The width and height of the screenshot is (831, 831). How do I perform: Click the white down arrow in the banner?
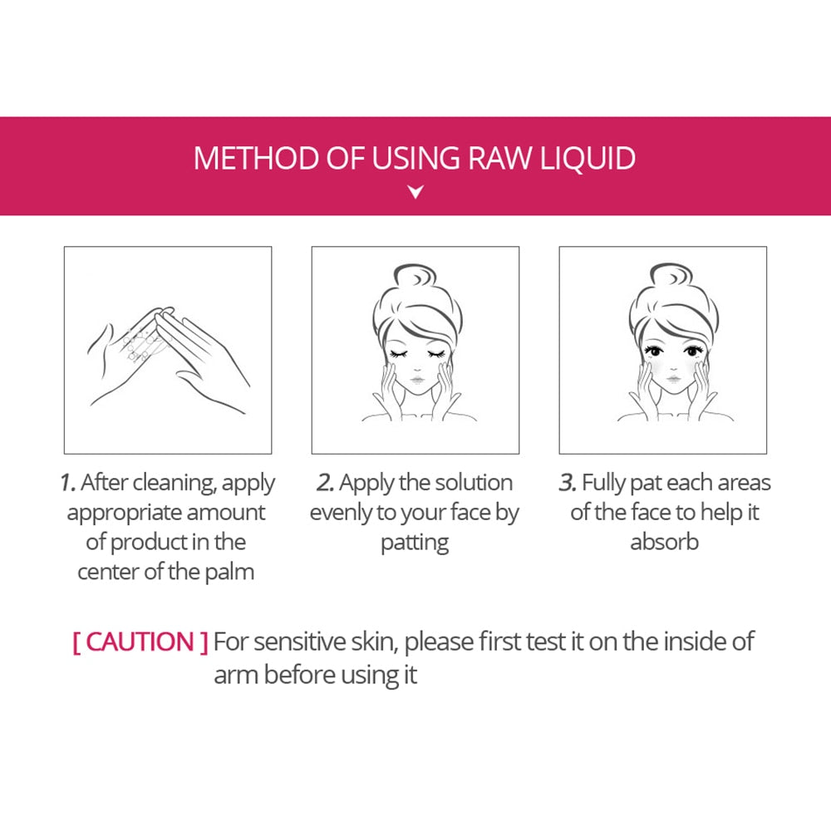(x=416, y=191)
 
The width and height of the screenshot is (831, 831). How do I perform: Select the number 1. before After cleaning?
(x=68, y=483)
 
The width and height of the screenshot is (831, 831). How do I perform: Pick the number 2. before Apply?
(x=326, y=483)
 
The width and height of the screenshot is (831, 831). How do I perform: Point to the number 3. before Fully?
(x=568, y=483)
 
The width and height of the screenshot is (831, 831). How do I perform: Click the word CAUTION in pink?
(x=140, y=642)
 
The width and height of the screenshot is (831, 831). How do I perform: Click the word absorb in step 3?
(x=664, y=542)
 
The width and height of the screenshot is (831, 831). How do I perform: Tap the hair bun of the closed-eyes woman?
(x=415, y=276)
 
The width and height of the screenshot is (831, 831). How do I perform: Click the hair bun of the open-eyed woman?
(x=671, y=276)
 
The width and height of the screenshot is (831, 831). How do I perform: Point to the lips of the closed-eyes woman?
(x=417, y=380)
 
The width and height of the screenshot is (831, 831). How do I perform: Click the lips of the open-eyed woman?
(x=673, y=379)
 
